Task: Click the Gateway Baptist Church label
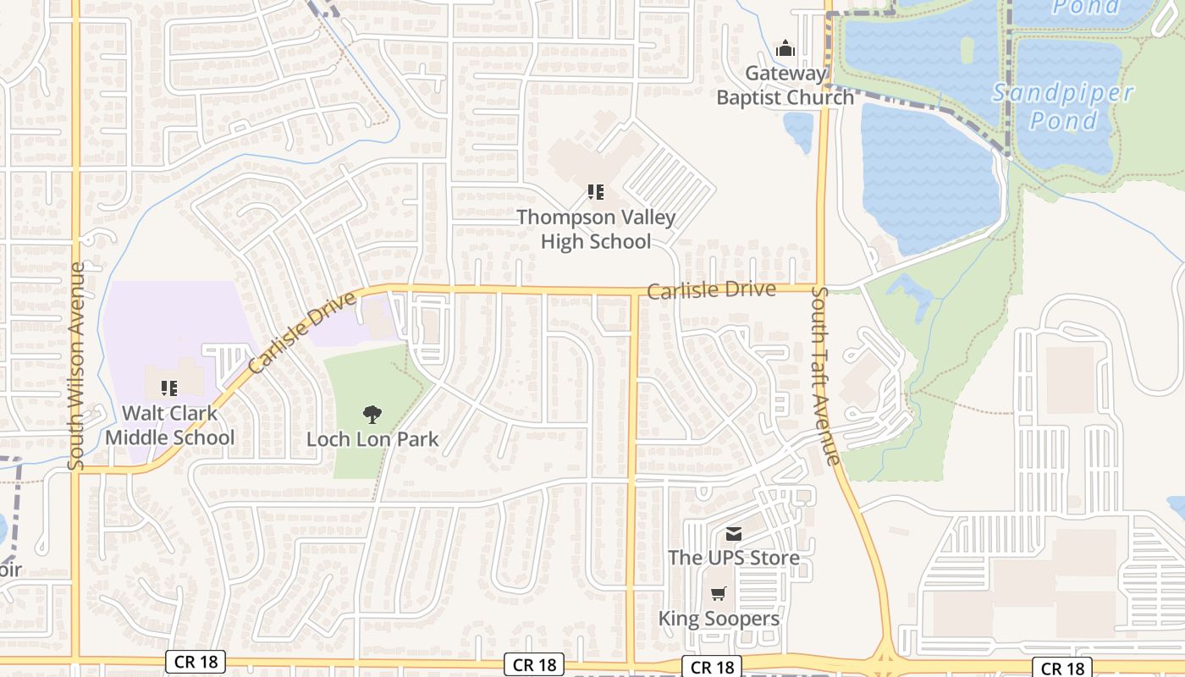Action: tap(785, 85)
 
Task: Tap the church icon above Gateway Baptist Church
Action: tap(785, 48)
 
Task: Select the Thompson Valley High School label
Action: tap(596, 229)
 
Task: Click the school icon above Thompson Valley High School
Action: tap(596, 193)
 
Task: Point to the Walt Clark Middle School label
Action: tap(169, 426)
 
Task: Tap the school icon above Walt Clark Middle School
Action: tap(169, 388)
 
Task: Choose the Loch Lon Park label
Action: tap(372, 439)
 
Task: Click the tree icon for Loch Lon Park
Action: tap(372, 414)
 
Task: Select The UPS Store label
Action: tap(733, 558)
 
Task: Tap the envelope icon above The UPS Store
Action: tap(733, 534)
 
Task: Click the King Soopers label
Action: tap(719, 619)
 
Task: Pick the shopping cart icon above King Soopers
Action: tap(719, 594)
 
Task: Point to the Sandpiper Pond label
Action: tap(1063, 107)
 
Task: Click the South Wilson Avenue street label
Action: tap(77, 366)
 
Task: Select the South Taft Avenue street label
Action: tap(824, 375)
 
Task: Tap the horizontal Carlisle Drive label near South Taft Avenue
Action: tap(711, 290)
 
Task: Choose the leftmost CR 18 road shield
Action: tap(196, 662)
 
